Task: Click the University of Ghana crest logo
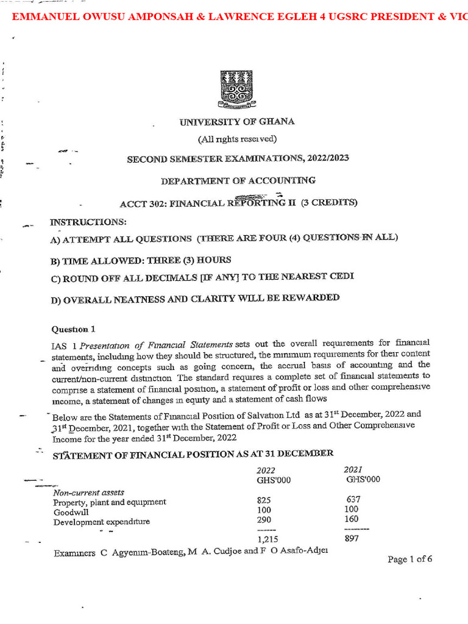tap(236, 88)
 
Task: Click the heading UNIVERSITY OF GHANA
tap(237, 121)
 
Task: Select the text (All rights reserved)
tap(237, 139)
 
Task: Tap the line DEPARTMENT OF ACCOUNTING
tap(238, 180)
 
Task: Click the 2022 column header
tap(266, 470)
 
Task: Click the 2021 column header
tap(354, 469)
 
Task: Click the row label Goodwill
tap(70, 512)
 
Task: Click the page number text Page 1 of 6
tap(409, 559)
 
